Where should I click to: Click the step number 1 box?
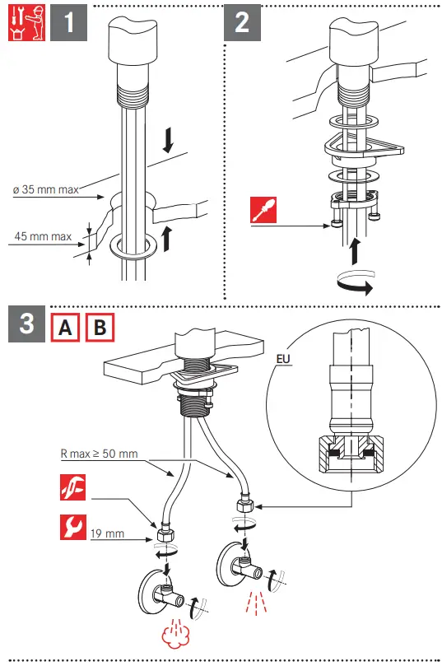pyautogui.click(x=69, y=22)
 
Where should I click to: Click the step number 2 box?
pyautogui.click(x=243, y=22)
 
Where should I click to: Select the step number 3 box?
pyautogui.click(x=26, y=324)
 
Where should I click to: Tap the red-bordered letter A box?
pyautogui.click(x=65, y=328)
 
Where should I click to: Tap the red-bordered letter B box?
pyautogui.click(x=100, y=328)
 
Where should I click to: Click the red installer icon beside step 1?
pyautogui.click(x=26, y=22)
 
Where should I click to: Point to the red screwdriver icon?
pyautogui.click(x=263, y=210)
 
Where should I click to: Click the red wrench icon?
pyautogui.click(x=73, y=527)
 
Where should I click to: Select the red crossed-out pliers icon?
pyautogui.click(x=73, y=487)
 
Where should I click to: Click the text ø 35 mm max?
pyautogui.click(x=46, y=189)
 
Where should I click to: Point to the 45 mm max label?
pyautogui.click(x=43, y=236)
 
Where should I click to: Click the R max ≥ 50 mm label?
pyautogui.click(x=100, y=454)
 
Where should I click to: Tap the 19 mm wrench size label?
pyautogui.click(x=108, y=533)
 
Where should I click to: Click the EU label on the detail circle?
pyautogui.click(x=283, y=359)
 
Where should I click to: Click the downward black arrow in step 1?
pyautogui.click(x=168, y=141)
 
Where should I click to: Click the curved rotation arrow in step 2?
pyautogui.click(x=355, y=282)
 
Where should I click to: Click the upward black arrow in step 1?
pyautogui.click(x=168, y=238)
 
